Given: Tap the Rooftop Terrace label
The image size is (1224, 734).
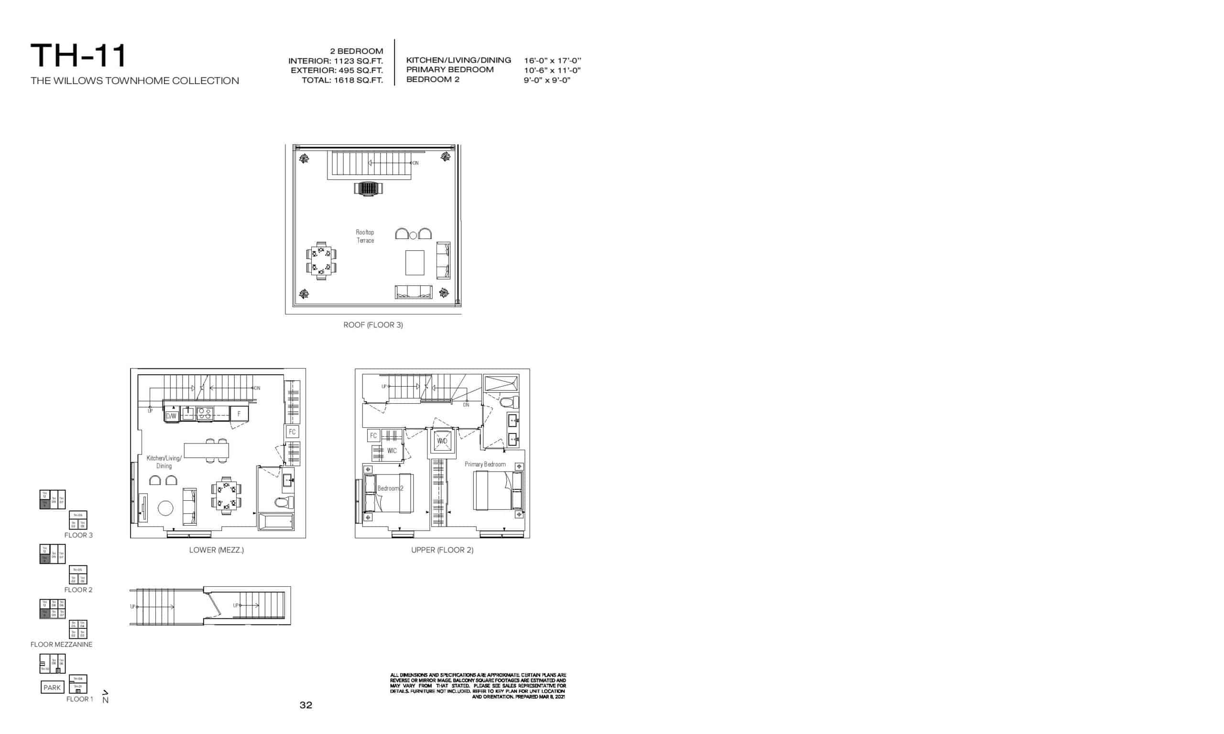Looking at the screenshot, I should pos(365,237).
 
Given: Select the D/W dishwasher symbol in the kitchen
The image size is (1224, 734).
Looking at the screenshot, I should pos(171,416).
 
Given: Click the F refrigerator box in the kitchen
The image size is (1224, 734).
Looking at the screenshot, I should pos(239,413).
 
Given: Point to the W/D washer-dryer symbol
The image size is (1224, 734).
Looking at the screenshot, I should pos(442,441).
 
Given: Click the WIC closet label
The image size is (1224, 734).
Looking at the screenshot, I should pos(392,451).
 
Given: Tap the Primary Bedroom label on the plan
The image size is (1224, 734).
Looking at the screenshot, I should pos(485,464).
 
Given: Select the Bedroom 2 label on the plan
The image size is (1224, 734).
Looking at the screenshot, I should pos(390,488).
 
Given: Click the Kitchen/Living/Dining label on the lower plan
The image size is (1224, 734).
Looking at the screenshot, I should pos(164,462).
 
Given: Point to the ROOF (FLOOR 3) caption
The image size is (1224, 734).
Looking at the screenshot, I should pos(373,325).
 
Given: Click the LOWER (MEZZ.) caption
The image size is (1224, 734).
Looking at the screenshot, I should pos(216,550).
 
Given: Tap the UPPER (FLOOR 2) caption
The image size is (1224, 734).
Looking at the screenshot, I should pos(442,550).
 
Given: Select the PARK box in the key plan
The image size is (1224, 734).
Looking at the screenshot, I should pos(52,688).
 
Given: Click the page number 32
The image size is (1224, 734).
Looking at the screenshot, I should pos(306,705).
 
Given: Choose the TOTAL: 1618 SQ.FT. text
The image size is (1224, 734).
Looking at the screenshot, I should pos(342,80).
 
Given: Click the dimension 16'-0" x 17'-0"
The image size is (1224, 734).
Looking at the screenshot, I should pos(552,60).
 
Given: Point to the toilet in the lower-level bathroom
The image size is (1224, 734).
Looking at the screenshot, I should pos(284,503).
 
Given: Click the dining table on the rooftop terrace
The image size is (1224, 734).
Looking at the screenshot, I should pos(321,260).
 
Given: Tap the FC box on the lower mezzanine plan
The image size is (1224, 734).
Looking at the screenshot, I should pos(292,432).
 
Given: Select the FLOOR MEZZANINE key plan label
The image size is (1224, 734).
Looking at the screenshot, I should pos(61,645).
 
